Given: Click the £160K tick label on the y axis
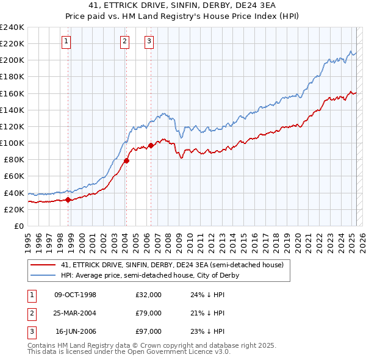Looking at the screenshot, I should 12,93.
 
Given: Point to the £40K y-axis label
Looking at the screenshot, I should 14,193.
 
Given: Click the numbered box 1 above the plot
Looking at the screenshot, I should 65,41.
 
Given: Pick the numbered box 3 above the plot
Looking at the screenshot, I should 149,41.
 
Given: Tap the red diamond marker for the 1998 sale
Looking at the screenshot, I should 68,200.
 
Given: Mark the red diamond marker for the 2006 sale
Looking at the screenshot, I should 151,145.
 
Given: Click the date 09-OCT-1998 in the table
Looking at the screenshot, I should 75,294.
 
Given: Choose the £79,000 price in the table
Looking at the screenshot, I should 148,313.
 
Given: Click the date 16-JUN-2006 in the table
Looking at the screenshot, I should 76,332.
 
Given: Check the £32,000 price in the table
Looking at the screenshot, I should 148,294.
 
